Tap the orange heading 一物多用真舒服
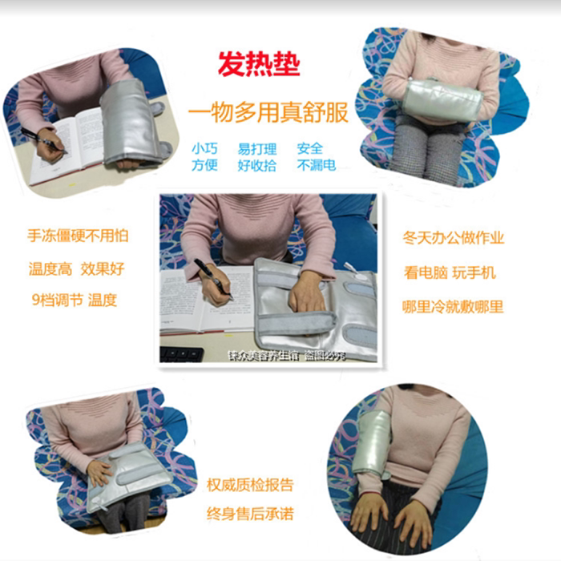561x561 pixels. point(268,113)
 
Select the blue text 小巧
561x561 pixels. point(204,149)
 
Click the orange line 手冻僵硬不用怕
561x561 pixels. point(78,236)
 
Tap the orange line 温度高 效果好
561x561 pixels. point(77,268)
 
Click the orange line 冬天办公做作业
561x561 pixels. point(454,238)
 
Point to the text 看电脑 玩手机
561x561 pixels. point(449,272)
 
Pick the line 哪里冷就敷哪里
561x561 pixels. point(454,306)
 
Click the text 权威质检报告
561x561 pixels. point(250,485)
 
